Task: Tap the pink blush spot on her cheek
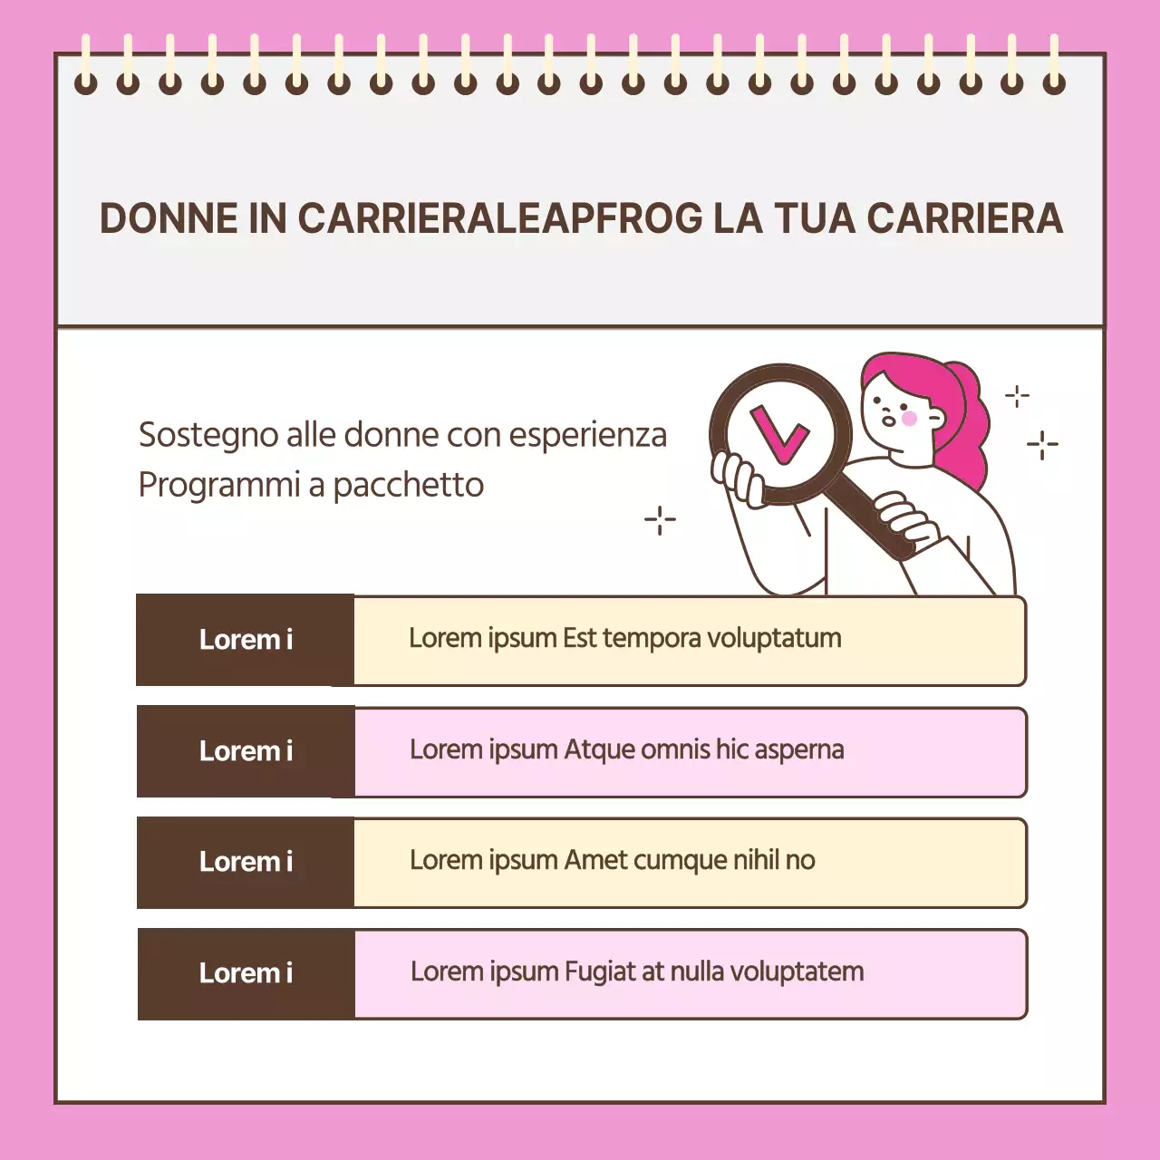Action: coord(909,418)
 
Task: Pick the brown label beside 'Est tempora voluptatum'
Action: coord(245,640)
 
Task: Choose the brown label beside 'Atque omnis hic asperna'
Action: coord(245,751)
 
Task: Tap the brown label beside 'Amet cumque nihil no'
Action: coord(245,862)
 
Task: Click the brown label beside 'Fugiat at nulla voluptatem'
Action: coord(245,973)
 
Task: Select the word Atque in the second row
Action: coord(599,750)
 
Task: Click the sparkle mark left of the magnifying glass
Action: coord(660,520)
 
